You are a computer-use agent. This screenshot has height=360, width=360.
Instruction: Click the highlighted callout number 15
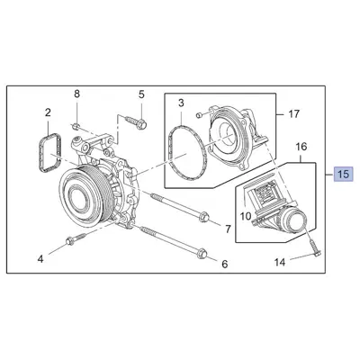343,174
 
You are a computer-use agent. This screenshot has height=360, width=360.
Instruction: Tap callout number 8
76,94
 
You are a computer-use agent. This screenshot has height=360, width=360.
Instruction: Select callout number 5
140,94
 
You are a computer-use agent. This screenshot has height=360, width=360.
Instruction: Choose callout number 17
292,114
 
